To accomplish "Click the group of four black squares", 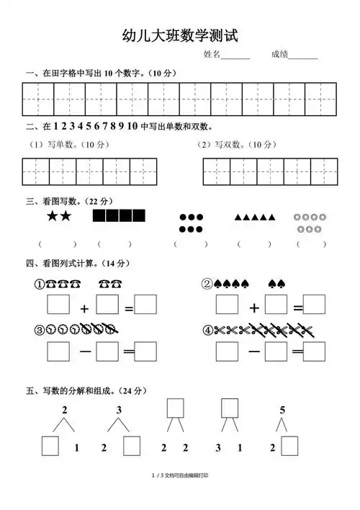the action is pos(119,215).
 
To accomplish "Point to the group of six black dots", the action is pos(191,223).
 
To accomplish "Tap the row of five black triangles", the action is pos(254,216).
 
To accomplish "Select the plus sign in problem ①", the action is pos(84,308).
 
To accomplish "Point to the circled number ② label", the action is pos(207,283).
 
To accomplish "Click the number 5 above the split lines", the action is pos(282,410).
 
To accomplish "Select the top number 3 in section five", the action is pos(120,410).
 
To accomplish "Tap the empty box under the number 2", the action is pos(50,447).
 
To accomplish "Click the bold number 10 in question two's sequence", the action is pos(132,126).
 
